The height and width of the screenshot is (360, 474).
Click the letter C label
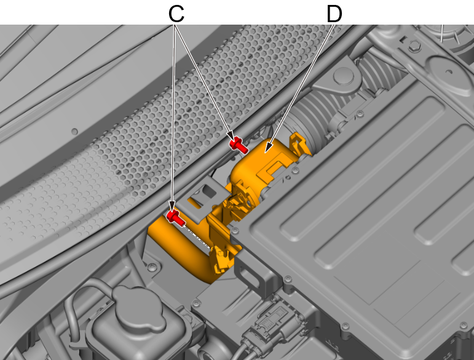[x=176, y=14]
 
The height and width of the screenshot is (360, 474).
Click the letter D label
[x=334, y=14]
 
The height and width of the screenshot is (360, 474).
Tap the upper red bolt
[x=239, y=145]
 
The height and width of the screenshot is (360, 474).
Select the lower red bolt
[x=175, y=218]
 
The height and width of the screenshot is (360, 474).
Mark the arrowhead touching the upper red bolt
[x=230, y=135]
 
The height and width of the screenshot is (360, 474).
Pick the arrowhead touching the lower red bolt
[x=172, y=206]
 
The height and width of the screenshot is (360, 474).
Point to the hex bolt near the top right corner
[x=414, y=46]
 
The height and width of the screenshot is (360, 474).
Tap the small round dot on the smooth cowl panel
[x=74, y=132]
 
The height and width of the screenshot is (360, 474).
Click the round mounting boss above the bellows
[x=344, y=76]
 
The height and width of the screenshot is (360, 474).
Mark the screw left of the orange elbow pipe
[x=152, y=267]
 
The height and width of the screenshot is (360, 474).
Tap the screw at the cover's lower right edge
[x=345, y=326]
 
